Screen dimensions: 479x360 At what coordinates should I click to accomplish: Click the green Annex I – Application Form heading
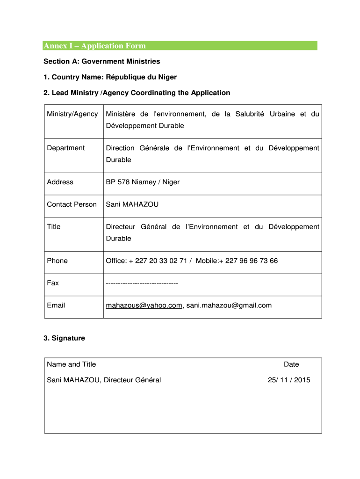pyautogui.click(x=95, y=46)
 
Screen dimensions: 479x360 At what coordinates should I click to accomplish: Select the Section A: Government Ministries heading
pyautogui.click(x=102, y=61)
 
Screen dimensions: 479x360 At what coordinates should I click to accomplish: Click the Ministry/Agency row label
pyautogui.click(x=72, y=114)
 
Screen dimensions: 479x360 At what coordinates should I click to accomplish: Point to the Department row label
pyautogui.click(x=66, y=148)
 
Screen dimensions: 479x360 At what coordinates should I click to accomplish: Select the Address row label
pyautogui.click(x=60, y=182)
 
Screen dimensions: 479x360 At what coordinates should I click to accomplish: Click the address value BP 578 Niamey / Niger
pyautogui.click(x=143, y=182)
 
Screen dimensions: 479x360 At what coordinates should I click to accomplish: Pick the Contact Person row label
pyautogui.click(x=72, y=204)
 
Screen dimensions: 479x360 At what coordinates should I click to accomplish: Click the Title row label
pyautogui.click(x=54, y=226)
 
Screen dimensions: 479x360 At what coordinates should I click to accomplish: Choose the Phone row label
pyautogui.click(x=57, y=261)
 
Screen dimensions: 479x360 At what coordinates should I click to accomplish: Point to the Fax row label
pyautogui.click(x=53, y=283)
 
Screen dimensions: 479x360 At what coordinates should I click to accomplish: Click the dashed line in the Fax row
pyautogui.click(x=142, y=283)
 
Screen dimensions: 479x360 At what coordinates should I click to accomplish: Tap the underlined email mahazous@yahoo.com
pyautogui.click(x=144, y=305)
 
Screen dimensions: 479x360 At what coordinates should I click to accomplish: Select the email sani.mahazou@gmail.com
pyautogui.click(x=229, y=305)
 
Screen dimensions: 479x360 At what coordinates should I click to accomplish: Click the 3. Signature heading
pyautogui.click(x=64, y=338)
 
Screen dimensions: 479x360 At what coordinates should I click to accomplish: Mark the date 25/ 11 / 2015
pyautogui.click(x=289, y=380)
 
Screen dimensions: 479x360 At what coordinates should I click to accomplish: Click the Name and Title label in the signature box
pyautogui.click(x=72, y=364)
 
